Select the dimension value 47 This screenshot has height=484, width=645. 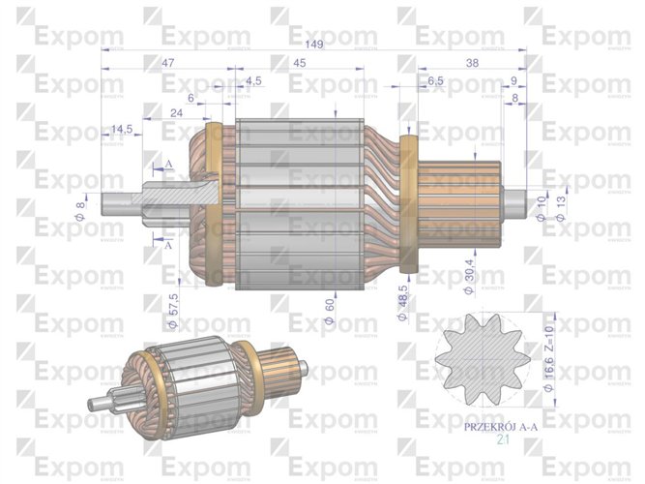coord(167,62)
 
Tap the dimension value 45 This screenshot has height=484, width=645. coord(300,62)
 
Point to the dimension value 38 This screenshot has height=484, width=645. coord(472,62)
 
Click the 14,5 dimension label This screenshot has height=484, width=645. coord(122,129)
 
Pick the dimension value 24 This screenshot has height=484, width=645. coord(177,112)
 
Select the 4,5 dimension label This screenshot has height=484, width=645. coord(254,79)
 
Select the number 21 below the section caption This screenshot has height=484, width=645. coord(502,439)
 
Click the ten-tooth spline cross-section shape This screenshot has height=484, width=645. coord(482,362)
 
